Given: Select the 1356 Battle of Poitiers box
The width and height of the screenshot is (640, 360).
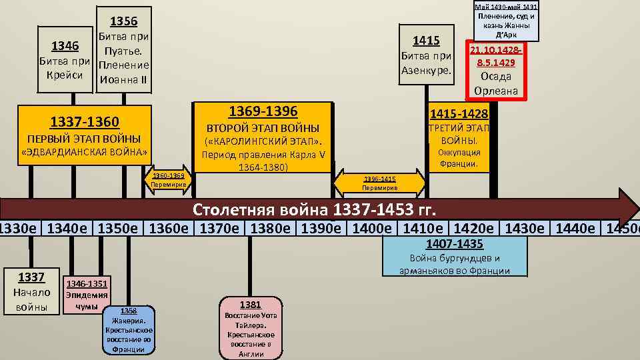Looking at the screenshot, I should point(123,51).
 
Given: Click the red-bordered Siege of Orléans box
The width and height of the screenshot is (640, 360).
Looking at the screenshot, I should point(496,70).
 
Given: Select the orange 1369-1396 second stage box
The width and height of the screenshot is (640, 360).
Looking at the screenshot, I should point(262,138).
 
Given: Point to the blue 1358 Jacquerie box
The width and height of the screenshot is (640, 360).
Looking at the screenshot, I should point(129,330).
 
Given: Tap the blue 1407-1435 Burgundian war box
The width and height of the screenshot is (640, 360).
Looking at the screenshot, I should point(455,256).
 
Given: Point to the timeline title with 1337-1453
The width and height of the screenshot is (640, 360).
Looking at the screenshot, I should point(314,211).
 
